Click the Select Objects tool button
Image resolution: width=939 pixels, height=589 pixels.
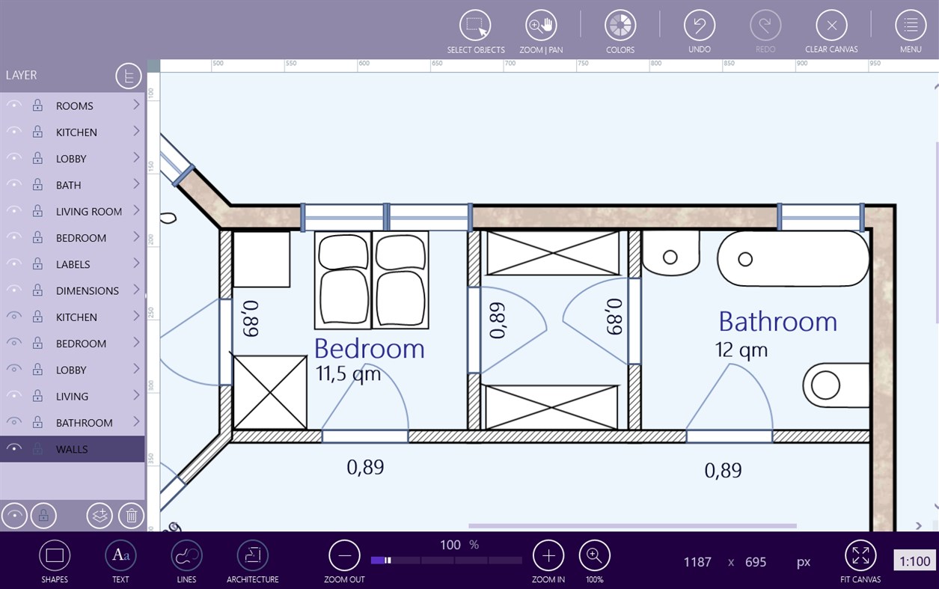pyautogui.click(x=475, y=25)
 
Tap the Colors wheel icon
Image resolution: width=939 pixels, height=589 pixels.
pyautogui.click(x=620, y=25)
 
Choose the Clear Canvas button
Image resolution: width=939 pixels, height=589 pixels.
pyautogui.click(x=831, y=25)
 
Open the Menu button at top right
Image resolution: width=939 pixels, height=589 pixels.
pyautogui.click(x=910, y=25)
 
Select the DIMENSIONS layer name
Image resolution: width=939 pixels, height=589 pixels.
pyautogui.click(x=87, y=290)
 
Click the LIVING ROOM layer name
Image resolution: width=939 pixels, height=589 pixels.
pyautogui.click(x=88, y=211)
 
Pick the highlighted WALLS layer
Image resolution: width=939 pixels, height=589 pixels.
pyautogui.click(x=72, y=449)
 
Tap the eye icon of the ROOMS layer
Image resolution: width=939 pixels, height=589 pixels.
pyautogui.click(x=13, y=106)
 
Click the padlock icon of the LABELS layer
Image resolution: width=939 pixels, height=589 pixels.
pyautogui.click(x=37, y=264)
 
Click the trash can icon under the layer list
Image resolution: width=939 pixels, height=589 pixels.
pyautogui.click(x=131, y=515)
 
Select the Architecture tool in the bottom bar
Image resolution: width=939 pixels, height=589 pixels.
pyautogui.click(x=252, y=555)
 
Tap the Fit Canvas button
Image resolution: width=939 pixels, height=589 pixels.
pyautogui.click(x=860, y=555)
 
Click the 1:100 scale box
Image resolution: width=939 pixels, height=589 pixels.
pyautogui.click(x=914, y=561)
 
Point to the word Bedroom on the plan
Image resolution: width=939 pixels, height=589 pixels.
pyautogui.click(x=369, y=348)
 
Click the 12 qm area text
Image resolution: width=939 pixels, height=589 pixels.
pyautogui.click(x=741, y=350)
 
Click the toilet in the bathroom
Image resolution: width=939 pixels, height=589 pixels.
pyautogui.click(x=834, y=386)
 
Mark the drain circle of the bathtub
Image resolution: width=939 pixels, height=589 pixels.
pyautogui.click(x=744, y=259)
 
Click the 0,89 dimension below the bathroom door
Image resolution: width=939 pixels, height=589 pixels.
pyautogui.click(x=723, y=470)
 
